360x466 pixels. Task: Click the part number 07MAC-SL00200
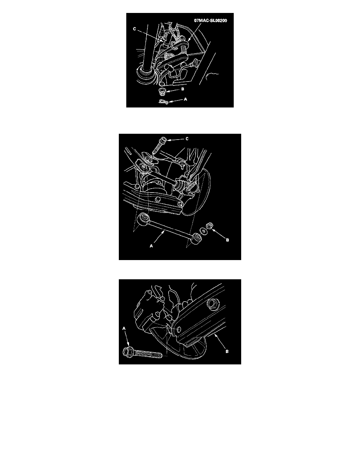click(211, 20)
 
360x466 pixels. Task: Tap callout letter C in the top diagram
click(135, 29)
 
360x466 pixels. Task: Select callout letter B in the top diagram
click(183, 89)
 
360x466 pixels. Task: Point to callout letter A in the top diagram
click(185, 99)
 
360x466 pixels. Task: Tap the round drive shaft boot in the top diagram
click(146, 78)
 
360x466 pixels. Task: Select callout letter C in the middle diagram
click(187, 139)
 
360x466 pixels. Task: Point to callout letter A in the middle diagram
click(151, 246)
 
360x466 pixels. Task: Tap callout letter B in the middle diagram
click(227, 240)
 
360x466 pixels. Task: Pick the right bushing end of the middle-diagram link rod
click(196, 237)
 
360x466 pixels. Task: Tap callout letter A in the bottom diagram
click(124, 328)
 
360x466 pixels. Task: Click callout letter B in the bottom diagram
click(227, 351)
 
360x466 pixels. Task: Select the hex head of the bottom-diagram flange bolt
click(128, 352)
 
